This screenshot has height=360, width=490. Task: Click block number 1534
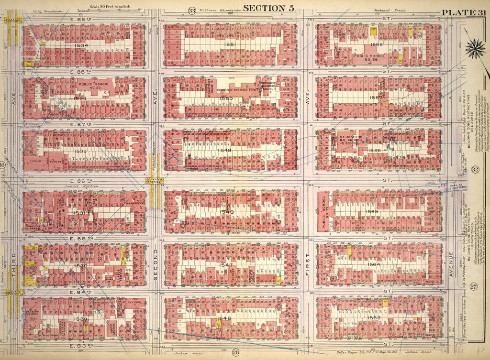[82, 45]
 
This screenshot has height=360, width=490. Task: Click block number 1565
[372, 211]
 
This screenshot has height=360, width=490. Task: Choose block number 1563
[374, 317]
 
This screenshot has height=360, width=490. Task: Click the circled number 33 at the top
[192, 11]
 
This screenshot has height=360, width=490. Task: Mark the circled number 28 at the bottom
[235, 353]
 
